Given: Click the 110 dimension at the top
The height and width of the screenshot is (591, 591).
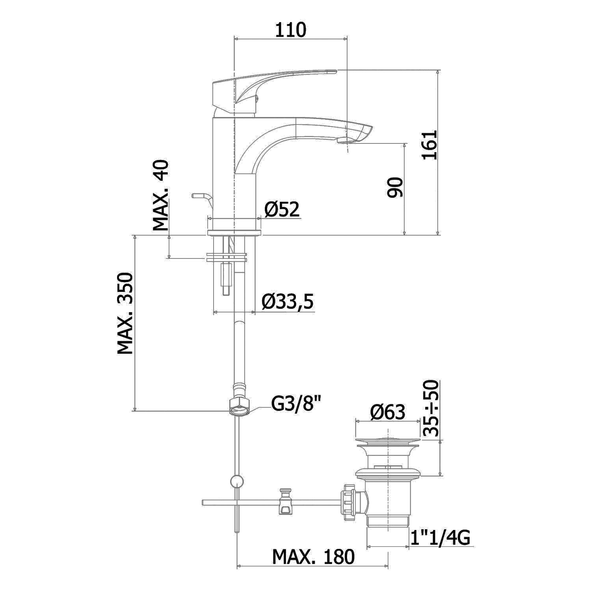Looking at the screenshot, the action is [290, 30].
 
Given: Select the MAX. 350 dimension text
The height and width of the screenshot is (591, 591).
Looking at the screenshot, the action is [125, 313].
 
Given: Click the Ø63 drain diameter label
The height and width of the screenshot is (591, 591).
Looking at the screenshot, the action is [388, 412].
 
